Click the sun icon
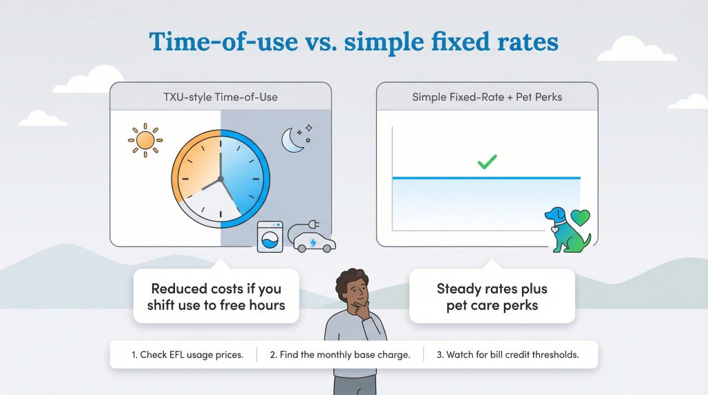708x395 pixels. [x=145, y=141]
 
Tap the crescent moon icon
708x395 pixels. [x=292, y=141]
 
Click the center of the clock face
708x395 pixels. [x=221, y=178]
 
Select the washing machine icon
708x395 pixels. [x=270, y=237]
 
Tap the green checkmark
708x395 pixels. [x=487, y=162]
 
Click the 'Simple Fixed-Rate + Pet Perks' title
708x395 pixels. [x=487, y=97]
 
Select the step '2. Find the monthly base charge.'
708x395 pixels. [x=339, y=355]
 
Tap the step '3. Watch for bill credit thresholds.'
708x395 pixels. [x=507, y=355]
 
